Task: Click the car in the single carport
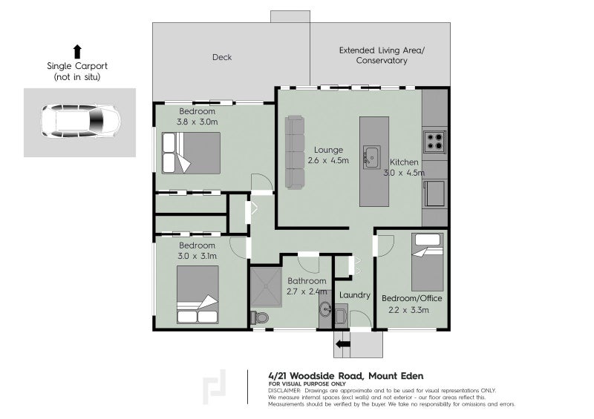pos(79,122)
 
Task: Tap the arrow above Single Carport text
pos(76,51)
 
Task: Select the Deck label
pos(222,57)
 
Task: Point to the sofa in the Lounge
pos(296,152)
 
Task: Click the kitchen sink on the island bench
pos(371,158)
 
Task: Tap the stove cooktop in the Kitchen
pos(434,140)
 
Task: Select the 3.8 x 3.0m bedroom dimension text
pos(198,122)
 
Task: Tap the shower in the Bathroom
pos(267,288)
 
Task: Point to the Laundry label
pos(354,295)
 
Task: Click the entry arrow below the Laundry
pos(342,343)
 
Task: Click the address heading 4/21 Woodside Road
pos(345,375)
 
